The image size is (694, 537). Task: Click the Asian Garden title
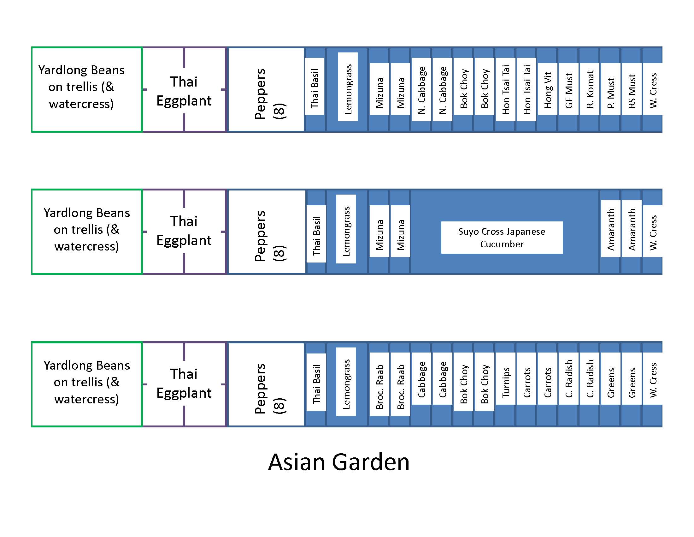pos(339,462)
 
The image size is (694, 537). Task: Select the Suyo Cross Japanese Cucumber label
pos(502,238)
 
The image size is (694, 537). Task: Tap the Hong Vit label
pos(548,89)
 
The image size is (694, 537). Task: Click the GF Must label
pos(568,90)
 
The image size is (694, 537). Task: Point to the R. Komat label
pos(590,89)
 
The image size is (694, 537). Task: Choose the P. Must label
pos(610,92)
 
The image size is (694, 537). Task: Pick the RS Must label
pos(632,91)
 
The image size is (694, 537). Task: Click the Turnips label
pos(506,382)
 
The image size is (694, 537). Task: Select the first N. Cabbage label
pos(421,90)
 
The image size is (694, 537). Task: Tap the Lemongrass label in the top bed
pos(348,89)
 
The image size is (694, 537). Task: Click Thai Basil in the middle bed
pos(316,235)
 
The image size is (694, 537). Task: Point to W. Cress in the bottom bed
pos(653,380)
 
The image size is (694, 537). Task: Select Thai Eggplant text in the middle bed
pos(184,231)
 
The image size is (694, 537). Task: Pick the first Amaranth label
pos(610,229)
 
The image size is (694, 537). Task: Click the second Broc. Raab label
pos(400,386)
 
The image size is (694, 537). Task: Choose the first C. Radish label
pos(568,378)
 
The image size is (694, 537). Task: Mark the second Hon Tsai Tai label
pos(526,89)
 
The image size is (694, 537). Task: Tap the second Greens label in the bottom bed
pos(632,383)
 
